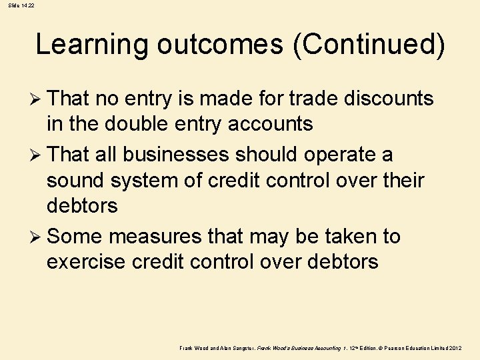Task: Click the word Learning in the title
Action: (92, 45)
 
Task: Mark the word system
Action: (149, 180)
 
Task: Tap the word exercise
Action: (86, 261)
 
